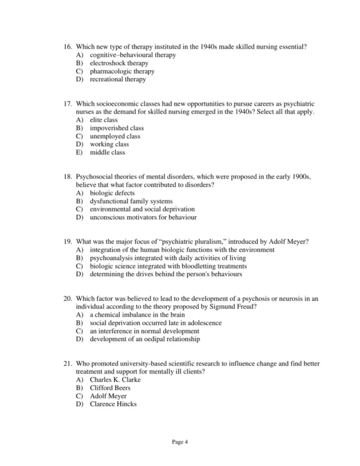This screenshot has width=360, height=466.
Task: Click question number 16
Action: pos(68,47)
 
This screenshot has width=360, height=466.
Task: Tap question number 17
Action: pos(68,104)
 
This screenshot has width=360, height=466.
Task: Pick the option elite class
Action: pos(103,120)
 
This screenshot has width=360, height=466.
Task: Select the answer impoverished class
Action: pos(116,128)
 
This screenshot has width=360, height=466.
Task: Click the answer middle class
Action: pos(107,153)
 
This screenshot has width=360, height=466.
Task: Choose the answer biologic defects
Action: pos(112,193)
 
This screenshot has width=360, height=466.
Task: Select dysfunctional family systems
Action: pos(131,201)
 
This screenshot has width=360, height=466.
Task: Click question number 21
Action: pos(68,364)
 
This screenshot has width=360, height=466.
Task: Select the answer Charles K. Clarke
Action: pos(114,380)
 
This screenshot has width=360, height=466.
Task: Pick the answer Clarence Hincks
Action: pos(113,404)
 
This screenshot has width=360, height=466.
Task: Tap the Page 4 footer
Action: pos(180,442)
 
